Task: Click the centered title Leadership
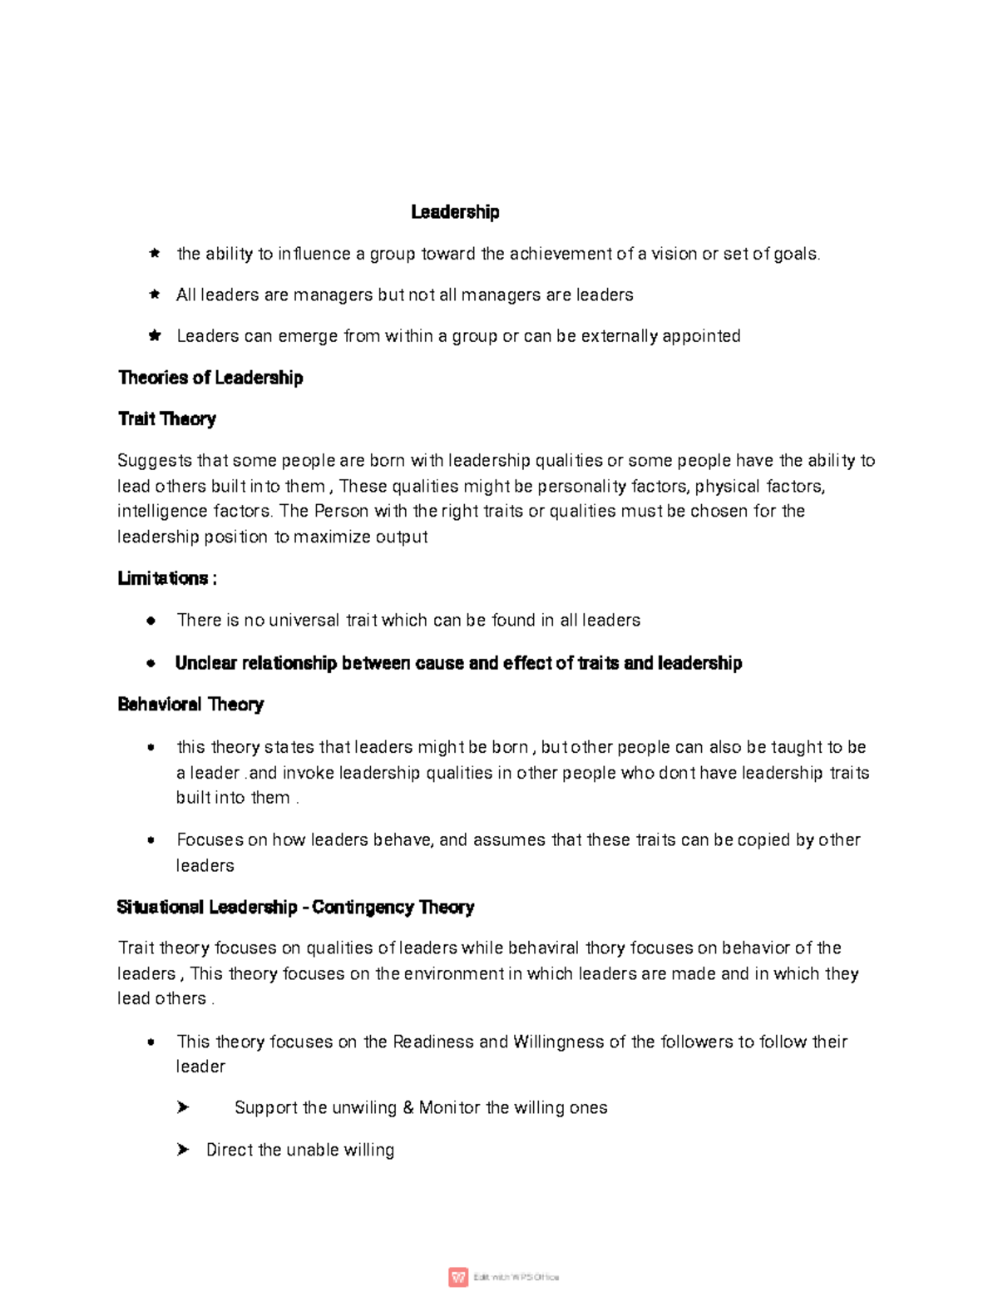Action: point(455,212)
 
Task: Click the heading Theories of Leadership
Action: point(210,378)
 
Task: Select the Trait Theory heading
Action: point(167,419)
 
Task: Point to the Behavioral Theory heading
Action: point(190,705)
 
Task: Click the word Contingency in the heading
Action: point(363,907)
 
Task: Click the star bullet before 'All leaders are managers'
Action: point(154,295)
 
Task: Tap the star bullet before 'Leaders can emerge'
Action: point(154,336)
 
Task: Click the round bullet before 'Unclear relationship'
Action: point(151,664)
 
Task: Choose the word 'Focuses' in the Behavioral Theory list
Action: point(210,840)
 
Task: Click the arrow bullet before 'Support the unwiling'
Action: point(183,1107)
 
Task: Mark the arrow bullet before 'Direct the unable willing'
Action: point(183,1150)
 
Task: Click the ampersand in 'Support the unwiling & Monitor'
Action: point(408,1108)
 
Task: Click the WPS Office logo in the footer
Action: point(458,1277)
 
